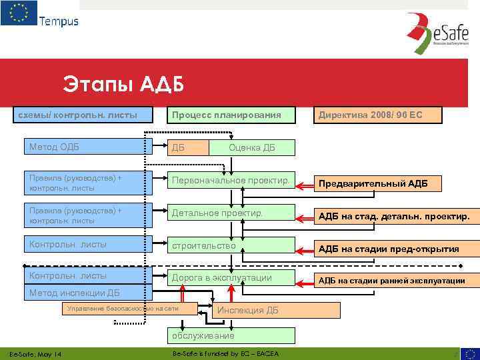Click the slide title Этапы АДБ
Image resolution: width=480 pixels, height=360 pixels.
[x=123, y=85]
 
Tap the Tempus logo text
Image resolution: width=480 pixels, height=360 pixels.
[x=59, y=21]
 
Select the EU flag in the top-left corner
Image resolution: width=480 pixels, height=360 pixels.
[x=19, y=13]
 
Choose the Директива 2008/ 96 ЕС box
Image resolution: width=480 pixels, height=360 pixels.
[x=379, y=115]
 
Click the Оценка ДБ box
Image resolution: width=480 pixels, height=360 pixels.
[x=251, y=147]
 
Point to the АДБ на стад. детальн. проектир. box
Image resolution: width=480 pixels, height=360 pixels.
[x=393, y=216]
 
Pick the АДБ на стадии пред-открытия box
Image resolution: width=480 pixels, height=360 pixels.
[x=393, y=249]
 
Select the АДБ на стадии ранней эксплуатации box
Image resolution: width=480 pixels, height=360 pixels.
[x=393, y=280]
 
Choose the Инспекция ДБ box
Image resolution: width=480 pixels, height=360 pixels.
[x=254, y=310]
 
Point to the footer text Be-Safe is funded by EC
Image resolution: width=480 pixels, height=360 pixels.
[x=225, y=353]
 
